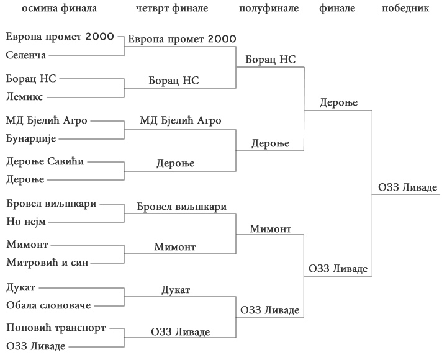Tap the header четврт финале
click(x=171, y=8)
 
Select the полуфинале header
click(x=268, y=8)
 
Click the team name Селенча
click(x=26, y=56)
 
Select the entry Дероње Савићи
click(x=45, y=161)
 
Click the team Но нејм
click(x=25, y=222)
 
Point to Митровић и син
click(x=47, y=263)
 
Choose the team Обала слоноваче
click(x=48, y=305)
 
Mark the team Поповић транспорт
click(x=56, y=327)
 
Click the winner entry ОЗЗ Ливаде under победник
click(x=407, y=187)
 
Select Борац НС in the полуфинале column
click(x=271, y=60)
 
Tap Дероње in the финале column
click(x=339, y=102)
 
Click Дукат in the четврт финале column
click(x=176, y=290)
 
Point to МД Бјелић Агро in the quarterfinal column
click(x=180, y=120)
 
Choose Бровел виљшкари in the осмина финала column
click(x=52, y=204)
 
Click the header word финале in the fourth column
click(x=337, y=8)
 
